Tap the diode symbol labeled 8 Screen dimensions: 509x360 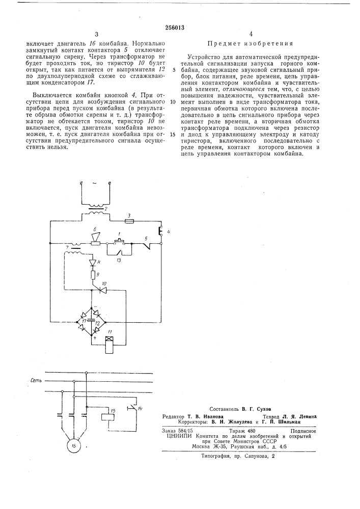[93, 263]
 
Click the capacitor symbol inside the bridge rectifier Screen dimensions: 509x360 [91, 319]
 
